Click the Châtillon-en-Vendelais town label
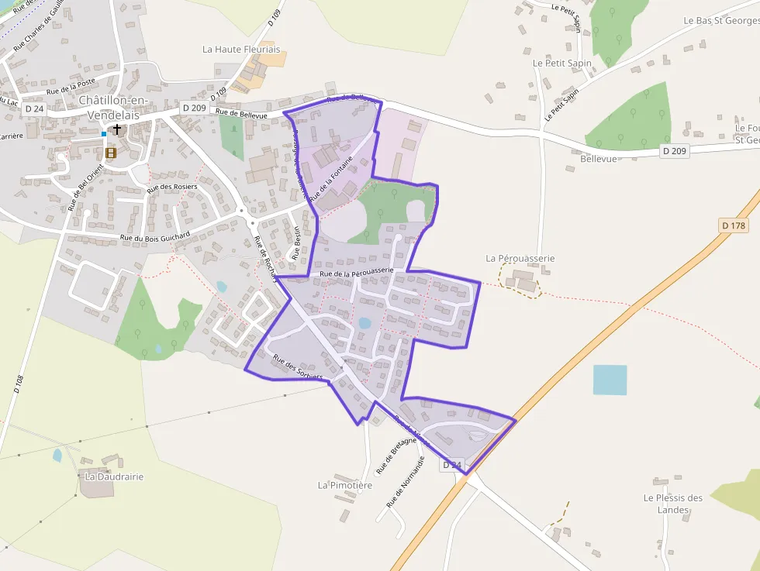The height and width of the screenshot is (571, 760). coord(114,107)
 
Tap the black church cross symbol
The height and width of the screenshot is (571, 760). coord(117,129)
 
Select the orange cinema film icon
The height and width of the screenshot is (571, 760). coord(111,153)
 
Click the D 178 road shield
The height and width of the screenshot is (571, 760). coord(733,225)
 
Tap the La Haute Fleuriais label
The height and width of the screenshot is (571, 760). coord(241,49)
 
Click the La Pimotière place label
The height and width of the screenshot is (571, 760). coord(345,485)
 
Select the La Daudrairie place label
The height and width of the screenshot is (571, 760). coord(115,476)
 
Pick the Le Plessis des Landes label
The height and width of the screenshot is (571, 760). coord(672,503)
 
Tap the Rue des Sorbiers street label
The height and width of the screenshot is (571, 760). coord(298,366)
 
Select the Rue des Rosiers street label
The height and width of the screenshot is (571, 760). coord(173,187)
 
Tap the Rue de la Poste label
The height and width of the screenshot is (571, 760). coord(71,90)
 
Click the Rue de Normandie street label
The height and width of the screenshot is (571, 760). coord(406,481)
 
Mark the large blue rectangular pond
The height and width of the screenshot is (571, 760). coord(610,380)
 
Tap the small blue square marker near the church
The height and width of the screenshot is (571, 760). coord(104,134)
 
